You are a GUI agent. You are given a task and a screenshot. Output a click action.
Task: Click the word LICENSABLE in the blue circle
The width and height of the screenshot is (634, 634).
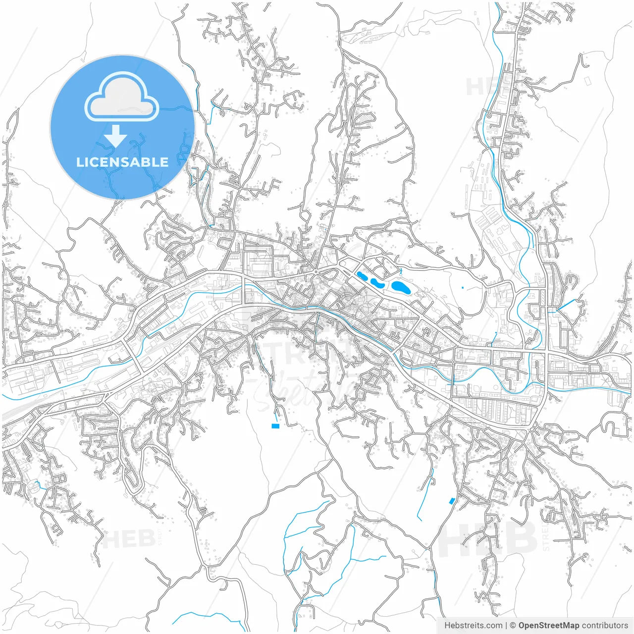click(x=122, y=162)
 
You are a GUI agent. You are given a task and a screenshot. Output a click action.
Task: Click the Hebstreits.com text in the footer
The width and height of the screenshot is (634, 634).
click(x=473, y=626)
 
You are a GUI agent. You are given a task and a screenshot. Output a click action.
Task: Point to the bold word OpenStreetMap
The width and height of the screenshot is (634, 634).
click(x=548, y=626)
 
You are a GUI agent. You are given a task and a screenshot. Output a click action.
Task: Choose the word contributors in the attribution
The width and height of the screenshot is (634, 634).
click(x=605, y=626)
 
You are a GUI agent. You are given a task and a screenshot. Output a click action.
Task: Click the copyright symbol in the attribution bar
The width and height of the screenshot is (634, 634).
click(x=513, y=626)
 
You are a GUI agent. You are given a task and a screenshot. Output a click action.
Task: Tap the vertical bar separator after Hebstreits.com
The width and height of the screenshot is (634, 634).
click(x=506, y=626)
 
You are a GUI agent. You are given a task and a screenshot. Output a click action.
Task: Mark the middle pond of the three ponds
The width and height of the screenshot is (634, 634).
click(x=378, y=283)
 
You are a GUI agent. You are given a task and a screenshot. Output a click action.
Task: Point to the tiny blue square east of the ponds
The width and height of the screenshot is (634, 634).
click(x=463, y=287)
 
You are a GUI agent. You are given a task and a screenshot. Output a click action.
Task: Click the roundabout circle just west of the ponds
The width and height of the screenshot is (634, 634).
click(x=316, y=271)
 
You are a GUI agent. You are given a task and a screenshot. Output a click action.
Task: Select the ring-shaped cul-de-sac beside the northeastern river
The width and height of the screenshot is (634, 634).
click(x=489, y=115)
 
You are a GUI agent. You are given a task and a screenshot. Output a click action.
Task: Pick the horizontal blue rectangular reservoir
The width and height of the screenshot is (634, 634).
click(x=275, y=425)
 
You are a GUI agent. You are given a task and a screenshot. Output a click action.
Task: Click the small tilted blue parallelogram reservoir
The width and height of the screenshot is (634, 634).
click(x=451, y=501)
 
